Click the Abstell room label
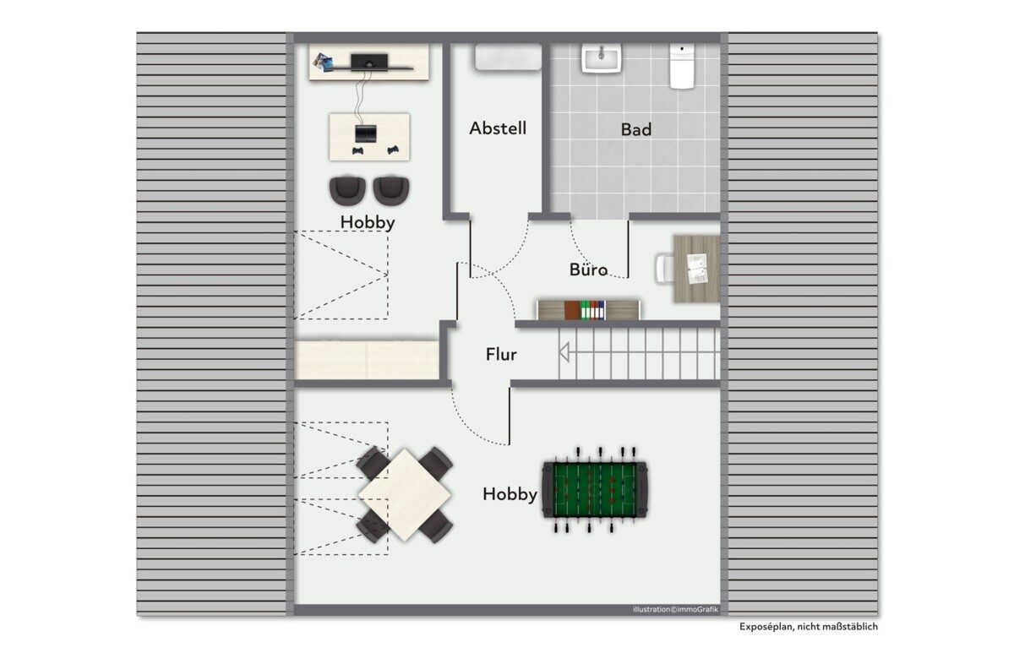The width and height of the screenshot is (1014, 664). tap(498, 128)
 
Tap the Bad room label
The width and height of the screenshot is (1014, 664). tap(636, 129)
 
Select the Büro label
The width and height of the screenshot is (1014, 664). tap(588, 269)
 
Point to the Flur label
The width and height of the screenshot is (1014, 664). tap(500, 355)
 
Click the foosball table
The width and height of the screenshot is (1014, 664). tap(595, 490)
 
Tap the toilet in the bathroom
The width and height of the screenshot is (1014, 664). tap(682, 66)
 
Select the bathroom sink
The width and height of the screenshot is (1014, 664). tap(601, 58)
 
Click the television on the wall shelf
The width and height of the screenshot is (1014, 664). tap(369, 61)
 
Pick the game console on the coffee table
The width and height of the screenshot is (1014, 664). tap(365, 133)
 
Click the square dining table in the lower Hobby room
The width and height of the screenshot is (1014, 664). tap(404, 495)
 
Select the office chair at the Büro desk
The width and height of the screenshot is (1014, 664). tap(664, 269)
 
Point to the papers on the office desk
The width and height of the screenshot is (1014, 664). tap(697, 269)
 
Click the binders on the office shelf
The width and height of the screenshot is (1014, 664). tap(592, 310)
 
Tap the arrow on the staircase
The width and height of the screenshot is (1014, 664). tap(564, 352)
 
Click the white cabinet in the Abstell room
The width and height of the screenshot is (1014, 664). tap(508, 57)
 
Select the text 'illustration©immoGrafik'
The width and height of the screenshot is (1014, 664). tap(675, 610)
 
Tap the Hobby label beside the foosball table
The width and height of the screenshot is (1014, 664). tap(510, 494)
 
